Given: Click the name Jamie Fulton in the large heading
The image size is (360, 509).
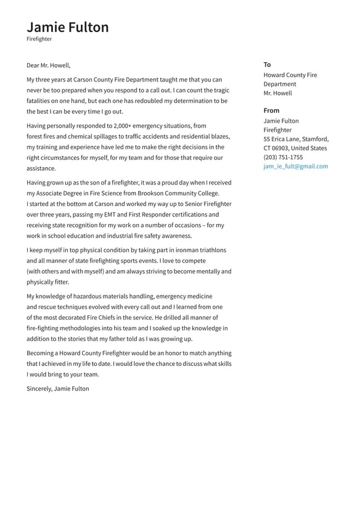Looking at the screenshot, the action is [x=68, y=27].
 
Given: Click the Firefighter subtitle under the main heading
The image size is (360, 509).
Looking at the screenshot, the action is [x=39, y=39].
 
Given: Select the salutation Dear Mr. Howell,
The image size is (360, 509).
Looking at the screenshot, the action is [x=49, y=65].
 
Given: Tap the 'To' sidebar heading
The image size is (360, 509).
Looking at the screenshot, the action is [x=267, y=65].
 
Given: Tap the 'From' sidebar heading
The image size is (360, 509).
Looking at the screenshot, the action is [x=271, y=111].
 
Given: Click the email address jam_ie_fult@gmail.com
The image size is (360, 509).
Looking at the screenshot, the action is [x=295, y=167].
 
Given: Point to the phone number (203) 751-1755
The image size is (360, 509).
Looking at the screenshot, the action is [x=283, y=157].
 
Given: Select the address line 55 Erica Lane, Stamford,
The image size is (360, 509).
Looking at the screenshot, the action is [x=296, y=139].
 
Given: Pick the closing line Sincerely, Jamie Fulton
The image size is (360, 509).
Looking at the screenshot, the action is [x=58, y=389].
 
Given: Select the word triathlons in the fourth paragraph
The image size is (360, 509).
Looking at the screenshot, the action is [x=210, y=250].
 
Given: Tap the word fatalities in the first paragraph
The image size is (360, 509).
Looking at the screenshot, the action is [x=41, y=101].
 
